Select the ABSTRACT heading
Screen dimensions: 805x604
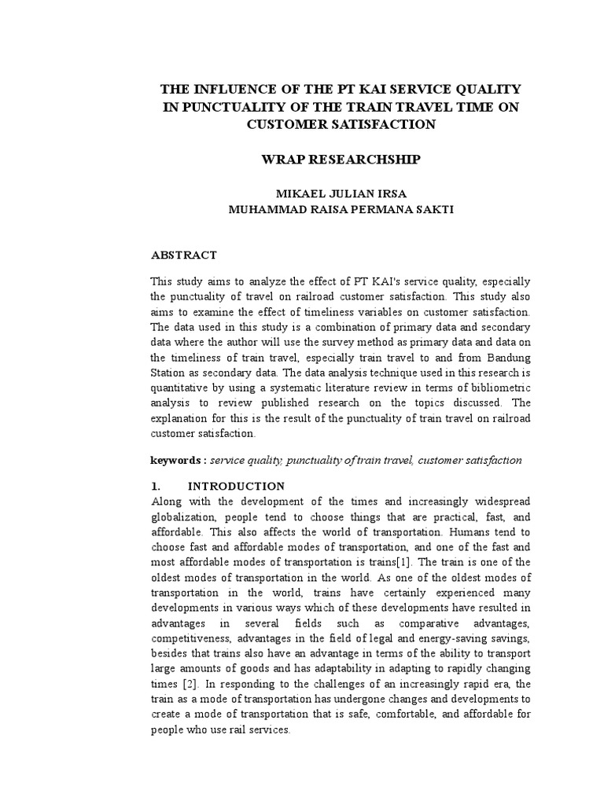[183, 255]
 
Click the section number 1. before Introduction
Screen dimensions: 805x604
[156, 487]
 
